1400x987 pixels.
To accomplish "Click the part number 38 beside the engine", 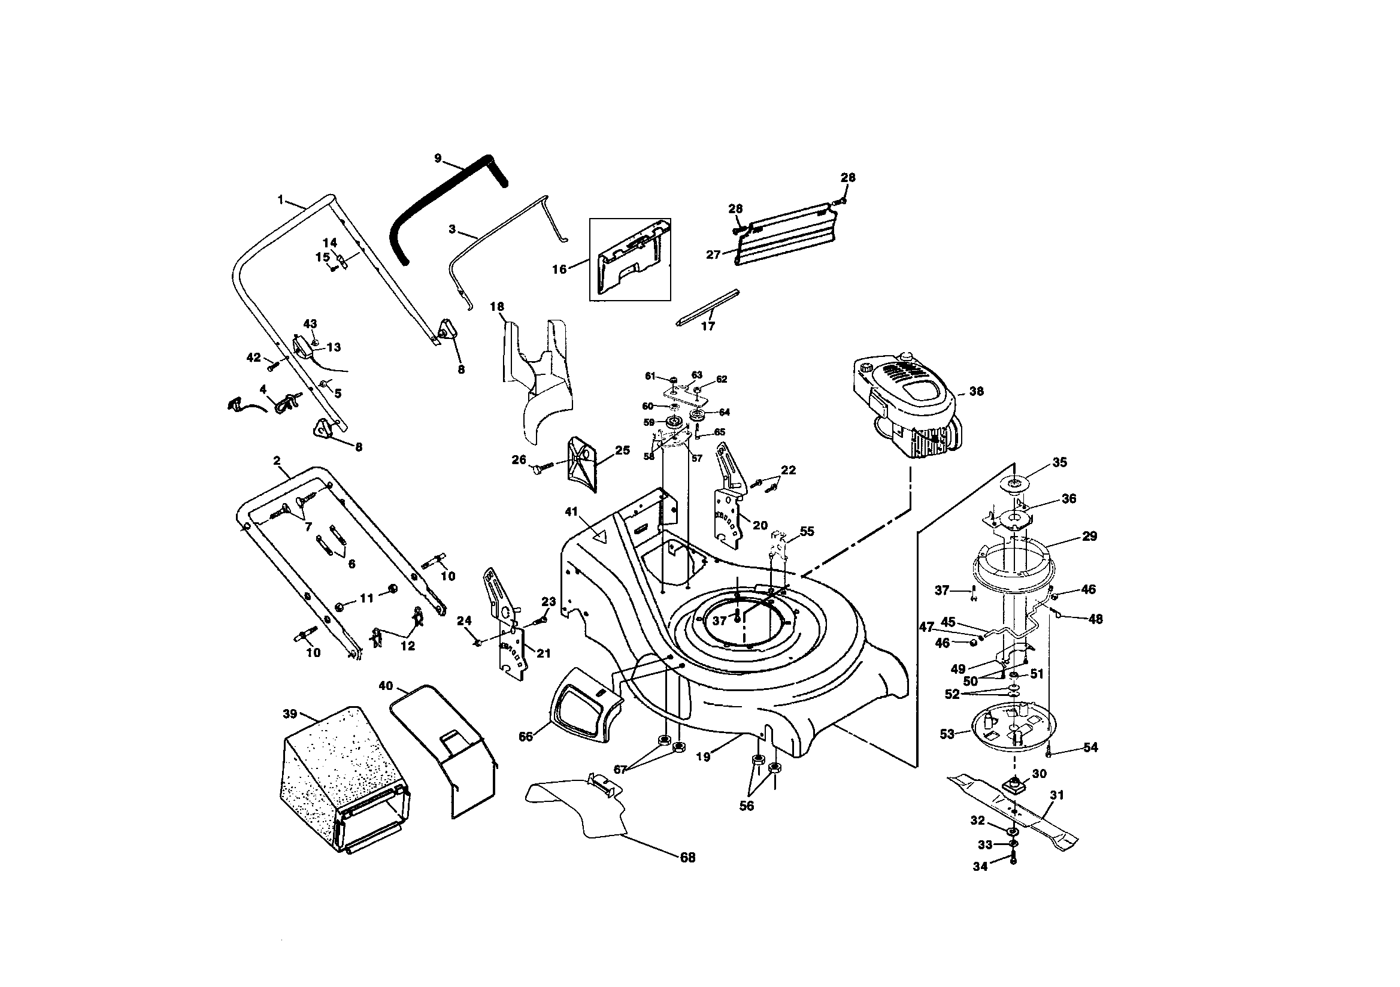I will [x=976, y=392].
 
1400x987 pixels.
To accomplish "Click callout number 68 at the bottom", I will [x=687, y=858].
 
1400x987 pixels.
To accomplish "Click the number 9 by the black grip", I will [x=438, y=159].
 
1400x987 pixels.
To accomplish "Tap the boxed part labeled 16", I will [x=629, y=259].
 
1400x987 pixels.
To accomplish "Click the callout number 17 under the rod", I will [x=707, y=326].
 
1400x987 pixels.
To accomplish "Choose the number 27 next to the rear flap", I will [x=713, y=255].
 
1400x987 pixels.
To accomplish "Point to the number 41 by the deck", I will [x=571, y=512].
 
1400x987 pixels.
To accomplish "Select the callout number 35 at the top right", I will [x=1060, y=462].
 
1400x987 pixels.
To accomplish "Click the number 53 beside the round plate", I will [x=947, y=734].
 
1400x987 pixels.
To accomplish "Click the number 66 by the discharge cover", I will [x=526, y=737].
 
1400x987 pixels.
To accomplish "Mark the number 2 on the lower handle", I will [x=277, y=461].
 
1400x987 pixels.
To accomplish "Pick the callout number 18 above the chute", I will [x=497, y=306].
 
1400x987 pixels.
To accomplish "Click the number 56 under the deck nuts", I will [x=746, y=806].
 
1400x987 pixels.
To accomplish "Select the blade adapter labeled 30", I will [x=1014, y=784].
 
